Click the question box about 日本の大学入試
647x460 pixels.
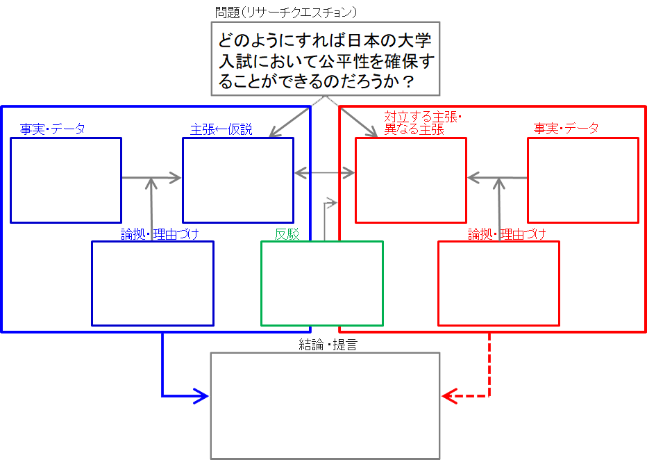(326, 58)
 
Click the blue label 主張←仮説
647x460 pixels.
(221, 129)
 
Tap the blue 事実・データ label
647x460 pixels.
(52, 129)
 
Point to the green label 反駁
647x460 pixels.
(287, 235)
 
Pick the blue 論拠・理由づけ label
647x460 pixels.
(160, 234)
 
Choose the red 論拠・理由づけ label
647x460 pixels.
(506, 234)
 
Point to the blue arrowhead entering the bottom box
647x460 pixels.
(202, 396)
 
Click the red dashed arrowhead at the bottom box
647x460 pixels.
(449, 397)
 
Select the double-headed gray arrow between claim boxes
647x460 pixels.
(325, 172)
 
